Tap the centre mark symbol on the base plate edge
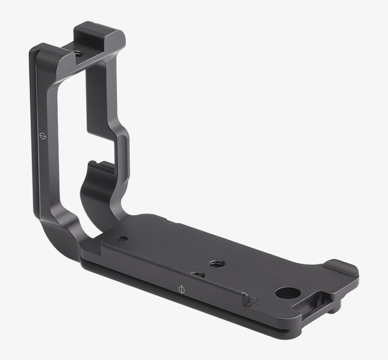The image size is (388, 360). coord(180,288)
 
